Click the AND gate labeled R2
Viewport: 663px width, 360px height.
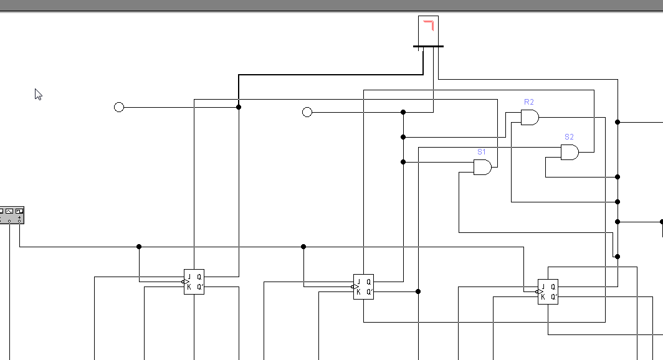point(530,117)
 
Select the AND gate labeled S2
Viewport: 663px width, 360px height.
point(570,152)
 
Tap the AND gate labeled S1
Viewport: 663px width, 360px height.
point(482,167)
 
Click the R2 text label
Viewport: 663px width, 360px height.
point(529,102)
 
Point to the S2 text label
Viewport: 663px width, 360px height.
point(569,137)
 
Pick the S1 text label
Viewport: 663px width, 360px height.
point(482,152)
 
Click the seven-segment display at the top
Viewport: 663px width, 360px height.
point(428,31)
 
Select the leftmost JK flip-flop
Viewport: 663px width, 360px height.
point(194,282)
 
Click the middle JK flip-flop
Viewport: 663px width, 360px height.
point(363,287)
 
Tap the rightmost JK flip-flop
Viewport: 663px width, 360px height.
point(548,291)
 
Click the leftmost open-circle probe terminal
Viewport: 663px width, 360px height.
point(119,107)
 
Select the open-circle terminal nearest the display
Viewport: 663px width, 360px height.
point(307,112)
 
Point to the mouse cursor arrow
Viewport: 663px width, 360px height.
point(38,94)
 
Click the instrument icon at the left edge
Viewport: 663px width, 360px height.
point(12,215)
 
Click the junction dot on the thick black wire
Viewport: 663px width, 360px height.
point(239,107)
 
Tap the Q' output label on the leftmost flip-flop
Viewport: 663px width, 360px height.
point(200,287)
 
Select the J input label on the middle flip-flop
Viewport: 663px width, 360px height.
point(358,282)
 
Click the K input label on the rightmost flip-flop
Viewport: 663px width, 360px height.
point(543,297)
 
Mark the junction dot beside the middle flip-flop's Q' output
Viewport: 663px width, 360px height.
point(418,291)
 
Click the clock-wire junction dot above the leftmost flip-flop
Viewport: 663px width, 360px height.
point(139,247)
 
